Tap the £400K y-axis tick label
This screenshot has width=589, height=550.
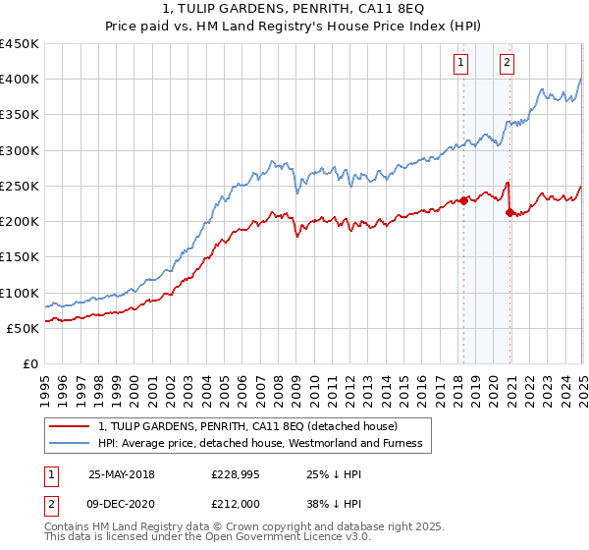click(x=20, y=80)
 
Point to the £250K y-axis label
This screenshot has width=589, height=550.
click(x=20, y=186)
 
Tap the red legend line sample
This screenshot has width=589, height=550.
click(x=68, y=426)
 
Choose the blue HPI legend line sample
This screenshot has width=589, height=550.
click(x=68, y=444)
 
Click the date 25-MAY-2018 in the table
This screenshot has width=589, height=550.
click(x=122, y=474)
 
